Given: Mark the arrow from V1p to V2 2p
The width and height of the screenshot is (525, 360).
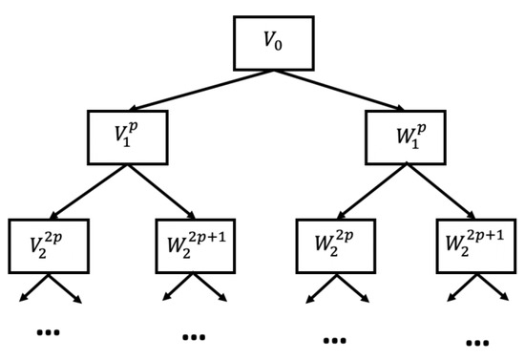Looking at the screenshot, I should pos(89,191).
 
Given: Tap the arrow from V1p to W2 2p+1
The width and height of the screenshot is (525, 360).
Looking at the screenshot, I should pos(160,191).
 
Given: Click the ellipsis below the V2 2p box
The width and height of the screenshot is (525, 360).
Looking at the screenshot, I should pos(47,332).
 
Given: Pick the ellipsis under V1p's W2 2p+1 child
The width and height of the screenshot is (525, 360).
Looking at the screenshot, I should pos(194,336).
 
